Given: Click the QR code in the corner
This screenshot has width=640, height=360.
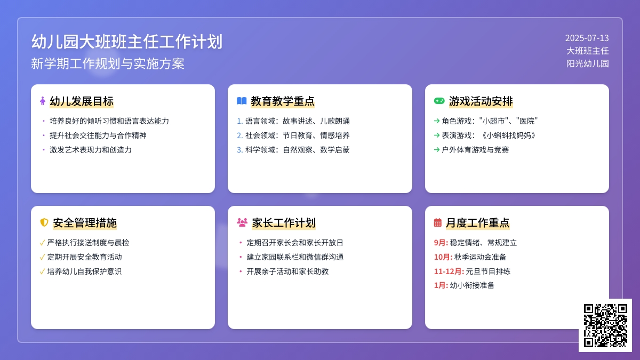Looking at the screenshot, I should click(x=605, y=325).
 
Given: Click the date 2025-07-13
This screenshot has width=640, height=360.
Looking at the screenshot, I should click(x=587, y=38).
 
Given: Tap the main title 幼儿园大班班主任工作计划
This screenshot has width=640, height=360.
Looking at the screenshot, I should click(x=127, y=42).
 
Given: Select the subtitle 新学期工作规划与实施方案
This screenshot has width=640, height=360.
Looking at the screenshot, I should click(x=108, y=64).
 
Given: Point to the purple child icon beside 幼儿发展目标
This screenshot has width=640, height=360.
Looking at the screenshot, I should click(x=43, y=101).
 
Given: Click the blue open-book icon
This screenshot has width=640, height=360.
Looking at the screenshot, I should click(x=242, y=101).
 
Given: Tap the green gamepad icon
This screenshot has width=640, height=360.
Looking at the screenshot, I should click(x=439, y=101).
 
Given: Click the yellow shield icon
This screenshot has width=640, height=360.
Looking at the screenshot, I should click(x=44, y=222).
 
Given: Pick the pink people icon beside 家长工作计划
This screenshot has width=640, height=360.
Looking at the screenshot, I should click(x=242, y=222).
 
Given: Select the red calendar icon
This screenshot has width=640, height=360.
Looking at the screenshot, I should click(x=438, y=222).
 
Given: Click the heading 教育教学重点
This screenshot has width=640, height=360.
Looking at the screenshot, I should click(x=283, y=101).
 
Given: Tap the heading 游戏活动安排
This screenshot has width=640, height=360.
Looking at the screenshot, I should click(x=481, y=101).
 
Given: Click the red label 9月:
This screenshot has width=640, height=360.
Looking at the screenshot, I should click(x=441, y=243).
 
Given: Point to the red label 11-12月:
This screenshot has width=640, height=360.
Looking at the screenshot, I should click(x=449, y=271).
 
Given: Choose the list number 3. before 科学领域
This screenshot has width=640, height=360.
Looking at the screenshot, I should click(x=239, y=150).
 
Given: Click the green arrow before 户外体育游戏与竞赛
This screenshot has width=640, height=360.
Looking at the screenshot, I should click(x=437, y=150).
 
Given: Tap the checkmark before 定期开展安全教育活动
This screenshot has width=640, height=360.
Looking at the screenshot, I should click(x=42, y=257).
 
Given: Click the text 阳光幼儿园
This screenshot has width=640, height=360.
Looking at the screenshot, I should click(x=587, y=63).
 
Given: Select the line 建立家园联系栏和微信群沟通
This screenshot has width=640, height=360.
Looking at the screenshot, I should click(x=295, y=257).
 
